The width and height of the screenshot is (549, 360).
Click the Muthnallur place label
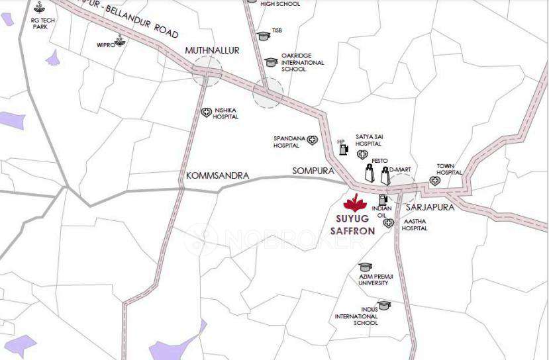[x=212, y=51]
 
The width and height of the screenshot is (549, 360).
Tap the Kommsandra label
[x=218, y=176]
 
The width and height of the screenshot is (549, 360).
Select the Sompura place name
[x=313, y=171]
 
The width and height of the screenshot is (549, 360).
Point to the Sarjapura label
[x=430, y=207]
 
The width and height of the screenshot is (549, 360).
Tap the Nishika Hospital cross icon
[x=206, y=112]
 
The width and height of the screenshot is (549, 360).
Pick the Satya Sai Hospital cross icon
[x=362, y=155]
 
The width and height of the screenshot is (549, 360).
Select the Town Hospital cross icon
[x=435, y=180]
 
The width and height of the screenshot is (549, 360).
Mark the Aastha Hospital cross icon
[x=388, y=223]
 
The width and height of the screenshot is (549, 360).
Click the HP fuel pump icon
[x=343, y=149]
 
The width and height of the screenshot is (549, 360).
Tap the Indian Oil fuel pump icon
[x=382, y=199]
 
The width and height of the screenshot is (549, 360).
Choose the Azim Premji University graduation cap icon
[x=365, y=266]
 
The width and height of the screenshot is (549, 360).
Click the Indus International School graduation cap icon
[x=383, y=304]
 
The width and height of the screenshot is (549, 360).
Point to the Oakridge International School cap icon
[x=270, y=62]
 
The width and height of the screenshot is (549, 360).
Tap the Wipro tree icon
[x=121, y=40]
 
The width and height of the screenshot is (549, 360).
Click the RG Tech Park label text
[x=40, y=23]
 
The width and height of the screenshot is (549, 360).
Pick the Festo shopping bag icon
[x=369, y=175]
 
